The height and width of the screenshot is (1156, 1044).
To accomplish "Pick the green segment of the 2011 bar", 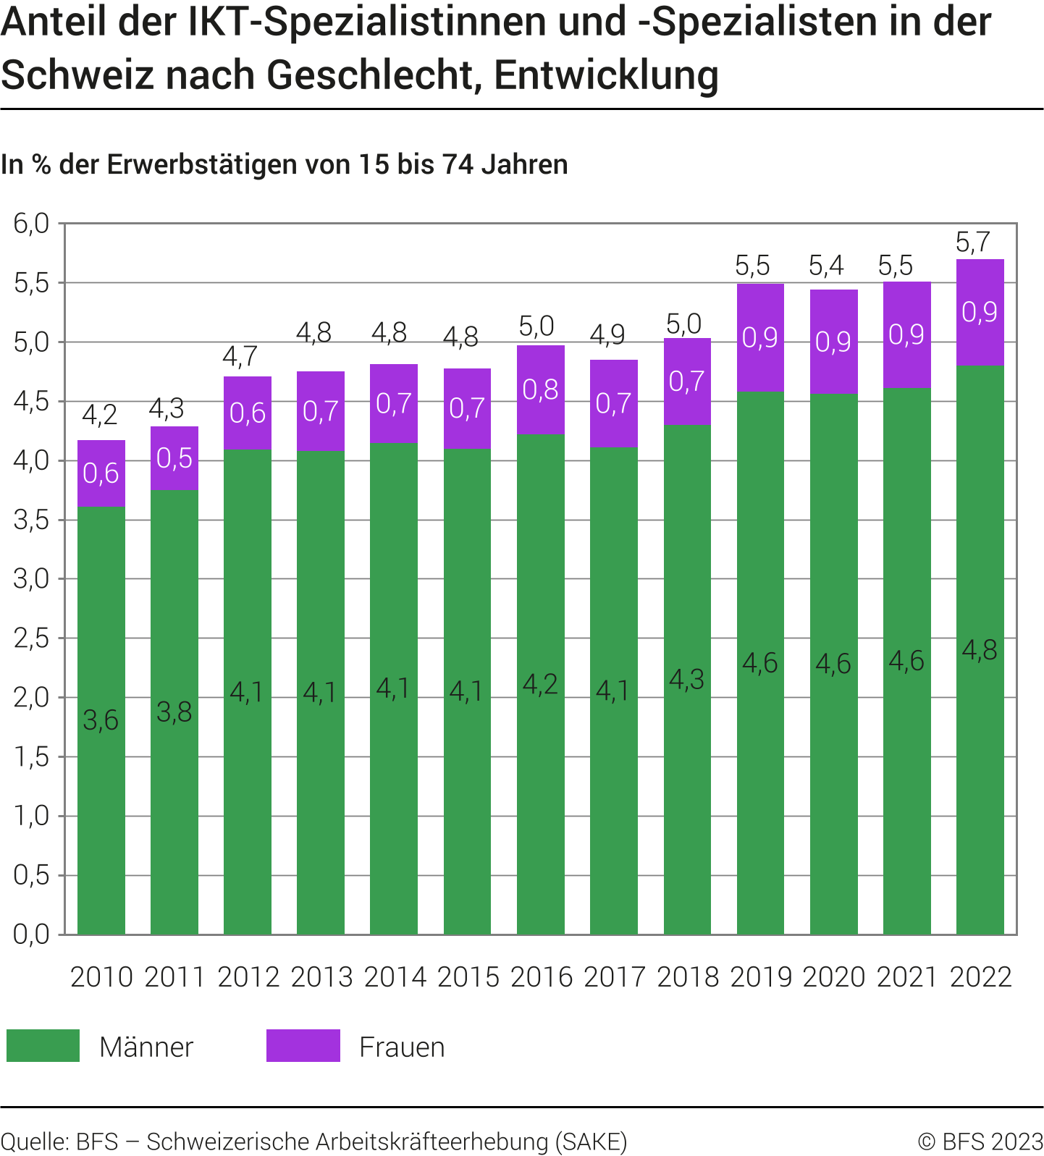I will (x=174, y=796).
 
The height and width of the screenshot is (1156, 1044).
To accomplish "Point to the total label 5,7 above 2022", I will (x=972, y=242).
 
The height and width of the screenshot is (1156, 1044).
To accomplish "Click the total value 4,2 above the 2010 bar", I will (x=99, y=415).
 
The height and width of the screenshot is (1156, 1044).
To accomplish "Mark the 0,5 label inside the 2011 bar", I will (x=174, y=458).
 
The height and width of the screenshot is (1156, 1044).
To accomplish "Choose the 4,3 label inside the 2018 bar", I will (x=686, y=679).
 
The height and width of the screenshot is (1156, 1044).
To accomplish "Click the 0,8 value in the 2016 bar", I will (x=541, y=389).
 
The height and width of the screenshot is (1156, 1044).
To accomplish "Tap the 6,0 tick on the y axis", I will (x=31, y=224).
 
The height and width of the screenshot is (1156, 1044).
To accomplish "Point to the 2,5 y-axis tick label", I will (x=31, y=638).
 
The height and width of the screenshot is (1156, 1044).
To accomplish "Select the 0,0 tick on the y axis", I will (x=31, y=934).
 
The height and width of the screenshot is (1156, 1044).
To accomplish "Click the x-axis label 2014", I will (x=395, y=977).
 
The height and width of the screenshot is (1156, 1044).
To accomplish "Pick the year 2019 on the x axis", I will (x=761, y=977).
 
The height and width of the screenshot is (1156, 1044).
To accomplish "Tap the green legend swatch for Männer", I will (x=43, y=1046).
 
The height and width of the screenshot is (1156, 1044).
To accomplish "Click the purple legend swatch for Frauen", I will (x=303, y=1046).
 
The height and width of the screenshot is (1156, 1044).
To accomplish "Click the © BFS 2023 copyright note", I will (x=980, y=1142).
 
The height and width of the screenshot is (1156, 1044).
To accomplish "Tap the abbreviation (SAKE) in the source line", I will (x=591, y=1142).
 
